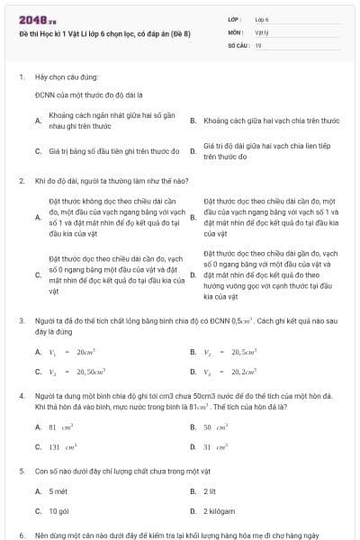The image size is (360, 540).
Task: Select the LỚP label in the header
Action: pyautogui.click(x=234, y=18)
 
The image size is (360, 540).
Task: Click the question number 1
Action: pyautogui.click(x=22, y=78)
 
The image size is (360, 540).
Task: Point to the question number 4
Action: pyautogui.click(x=22, y=396)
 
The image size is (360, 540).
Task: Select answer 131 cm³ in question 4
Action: pyautogui.click(x=62, y=446)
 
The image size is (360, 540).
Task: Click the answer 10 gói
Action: pyautogui.click(x=59, y=511)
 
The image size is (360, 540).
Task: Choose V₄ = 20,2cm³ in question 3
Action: pyautogui.click(x=226, y=372)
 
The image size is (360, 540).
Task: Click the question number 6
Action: pyautogui.click(x=22, y=535)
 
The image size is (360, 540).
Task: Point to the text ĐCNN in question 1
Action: pyautogui.click(x=45, y=94)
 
